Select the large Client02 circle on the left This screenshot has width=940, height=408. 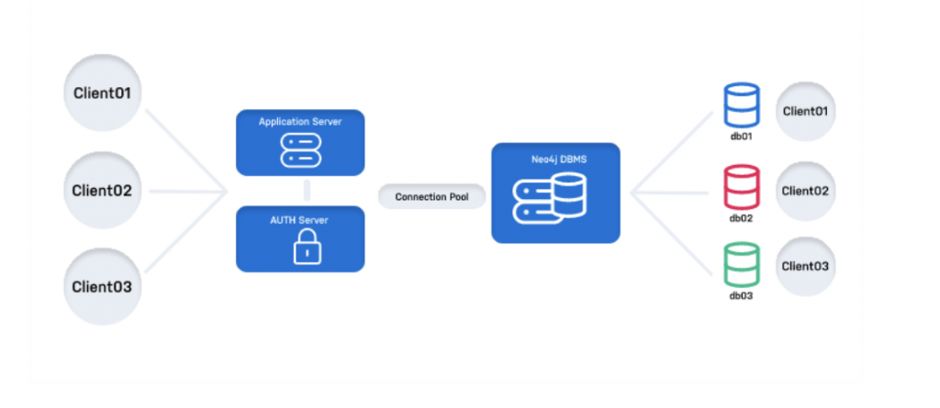(104, 192)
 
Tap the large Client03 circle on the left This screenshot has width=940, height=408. (104, 286)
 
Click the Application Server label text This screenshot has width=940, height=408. (300, 122)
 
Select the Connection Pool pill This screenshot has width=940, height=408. (431, 197)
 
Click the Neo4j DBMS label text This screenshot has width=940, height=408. (555, 158)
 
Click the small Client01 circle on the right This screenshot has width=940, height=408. (805, 111)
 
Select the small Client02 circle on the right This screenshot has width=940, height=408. (805, 191)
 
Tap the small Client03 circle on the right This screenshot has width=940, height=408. (805, 266)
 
